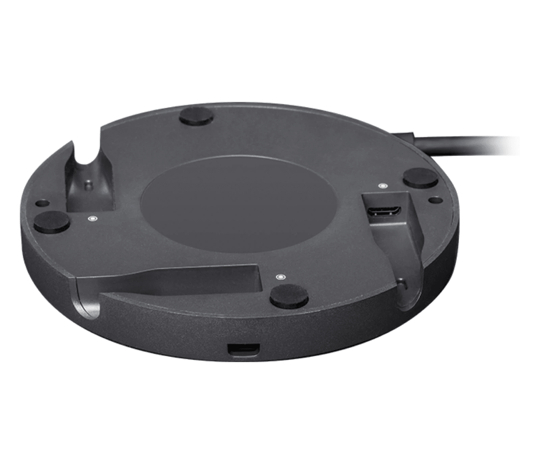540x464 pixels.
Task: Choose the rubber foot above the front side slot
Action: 289,297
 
